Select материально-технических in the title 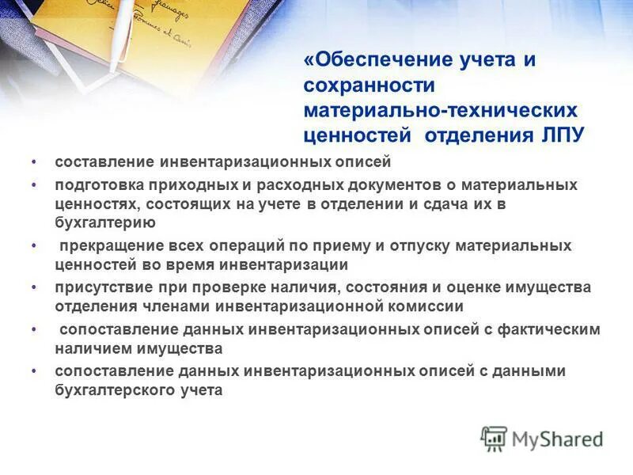(441, 110)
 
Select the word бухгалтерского (108, 389)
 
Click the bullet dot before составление (34, 161)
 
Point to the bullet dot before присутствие (34, 287)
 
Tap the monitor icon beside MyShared (495, 438)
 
